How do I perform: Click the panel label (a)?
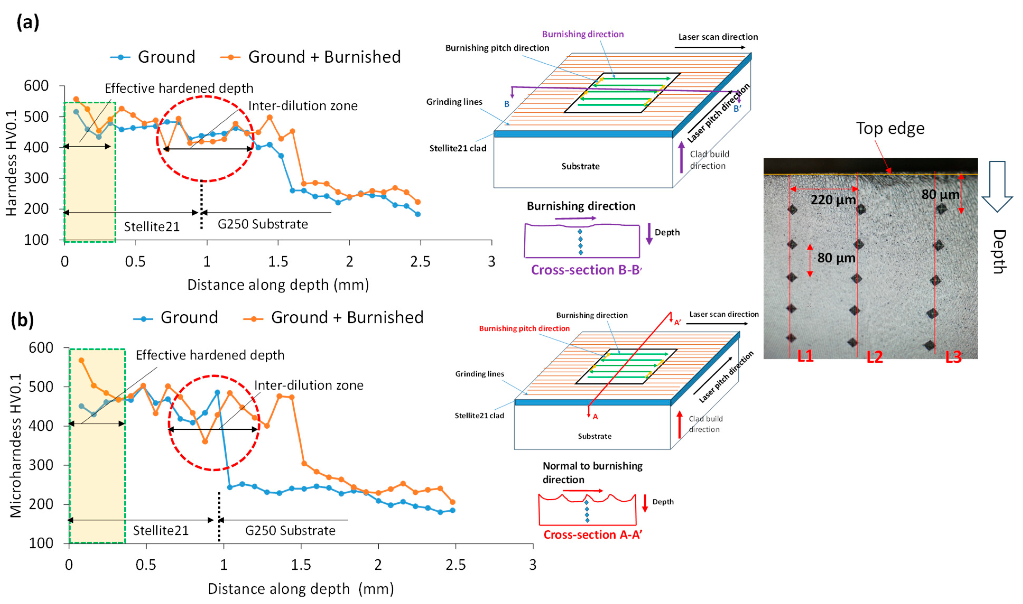pyautogui.click(x=28, y=22)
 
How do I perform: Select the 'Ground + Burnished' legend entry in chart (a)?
pyautogui.click(x=311, y=57)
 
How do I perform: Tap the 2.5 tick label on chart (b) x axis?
pyautogui.click(x=455, y=565)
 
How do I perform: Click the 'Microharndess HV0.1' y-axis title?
pyautogui.click(x=16, y=446)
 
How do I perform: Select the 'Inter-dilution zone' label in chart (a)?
pyautogui.click(x=303, y=106)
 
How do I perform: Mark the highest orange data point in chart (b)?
pyautogui.click(x=81, y=360)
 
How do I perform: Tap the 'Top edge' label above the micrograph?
pyautogui.click(x=890, y=129)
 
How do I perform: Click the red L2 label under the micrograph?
pyautogui.click(x=875, y=357)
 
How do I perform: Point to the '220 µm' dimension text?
pyautogui.click(x=833, y=200)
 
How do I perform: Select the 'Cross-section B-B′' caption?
pyautogui.click(x=586, y=270)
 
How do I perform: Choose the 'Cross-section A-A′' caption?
pyautogui.click(x=593, y=535)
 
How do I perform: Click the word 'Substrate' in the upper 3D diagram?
pyautogui.click(x=580, y=166)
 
